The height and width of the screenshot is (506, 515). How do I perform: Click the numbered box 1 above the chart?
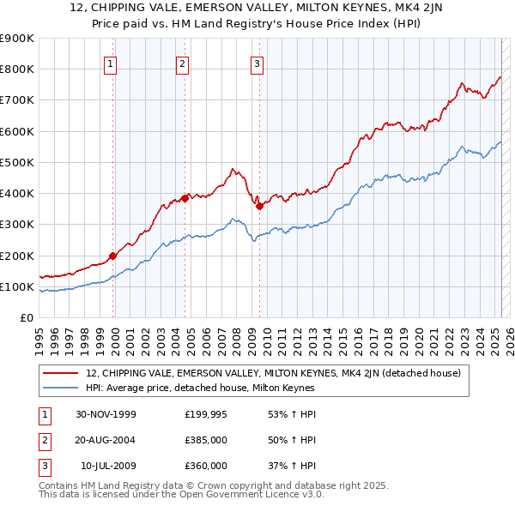point(112,63)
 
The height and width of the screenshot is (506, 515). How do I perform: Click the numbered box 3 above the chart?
point(257,63)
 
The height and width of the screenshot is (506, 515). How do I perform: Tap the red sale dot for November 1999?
point(112,255)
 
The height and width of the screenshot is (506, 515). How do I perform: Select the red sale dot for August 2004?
point(185,198)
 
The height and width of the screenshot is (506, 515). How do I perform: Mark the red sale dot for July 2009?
point(259,205)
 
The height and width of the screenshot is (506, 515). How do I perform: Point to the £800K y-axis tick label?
point(17,69)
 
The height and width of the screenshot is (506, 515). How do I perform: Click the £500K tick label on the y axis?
point(17,162)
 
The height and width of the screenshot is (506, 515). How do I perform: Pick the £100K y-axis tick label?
point(17,286)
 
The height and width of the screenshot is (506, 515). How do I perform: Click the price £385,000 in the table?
point(206,440)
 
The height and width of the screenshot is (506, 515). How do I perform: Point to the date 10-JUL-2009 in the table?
point(108,466)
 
